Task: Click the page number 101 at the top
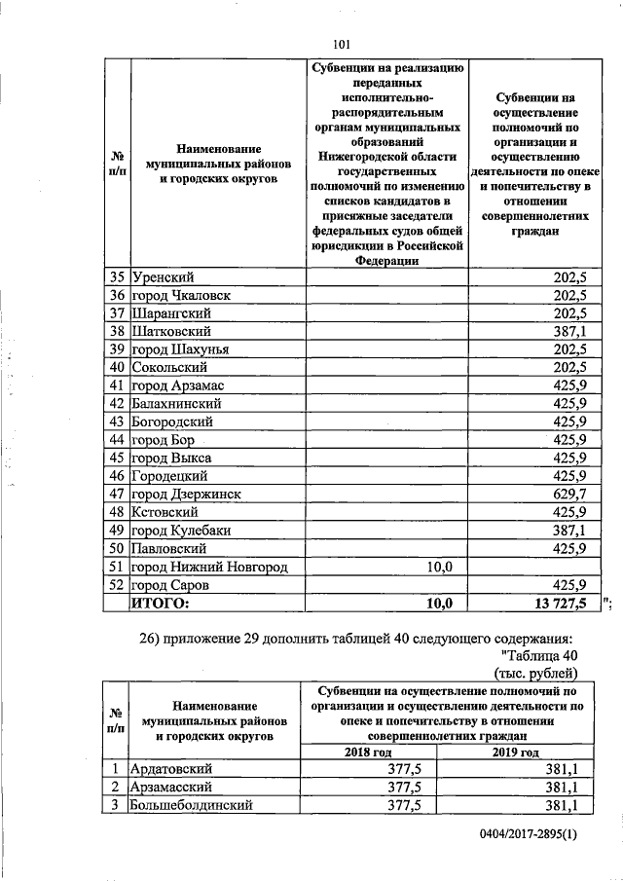click(341, 43)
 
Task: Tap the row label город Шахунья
click(180, 349)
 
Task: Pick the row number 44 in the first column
click(117, 440)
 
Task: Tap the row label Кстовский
click(165, 512)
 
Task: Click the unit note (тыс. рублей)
click(536, 673)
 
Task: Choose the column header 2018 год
click(369, 752)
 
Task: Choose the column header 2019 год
click(515, 752)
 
